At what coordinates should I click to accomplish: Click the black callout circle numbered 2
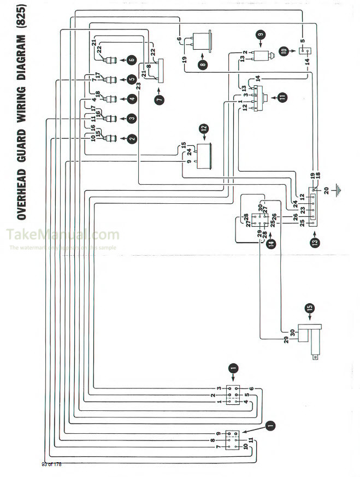coord(132,139)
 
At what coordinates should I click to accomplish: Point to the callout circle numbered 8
coord(203,63)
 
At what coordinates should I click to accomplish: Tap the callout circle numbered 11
coord(282,97)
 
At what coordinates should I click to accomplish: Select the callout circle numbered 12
coord(203,129)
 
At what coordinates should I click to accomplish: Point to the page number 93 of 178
coord(52,464)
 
